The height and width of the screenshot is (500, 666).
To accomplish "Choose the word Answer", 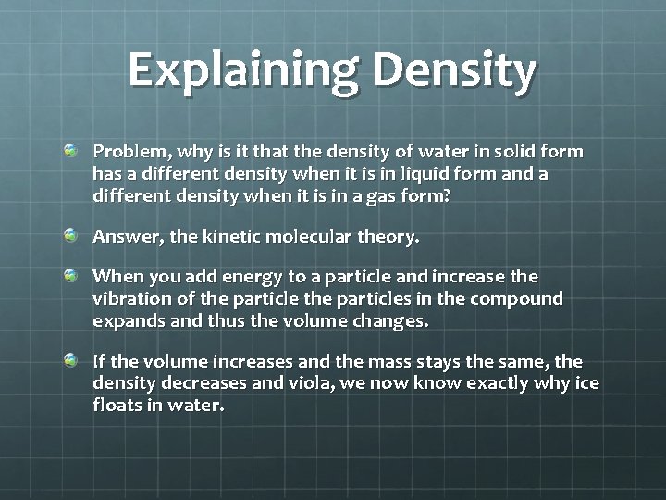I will click(123, 237).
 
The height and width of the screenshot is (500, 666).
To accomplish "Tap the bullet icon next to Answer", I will click(71, 235).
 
